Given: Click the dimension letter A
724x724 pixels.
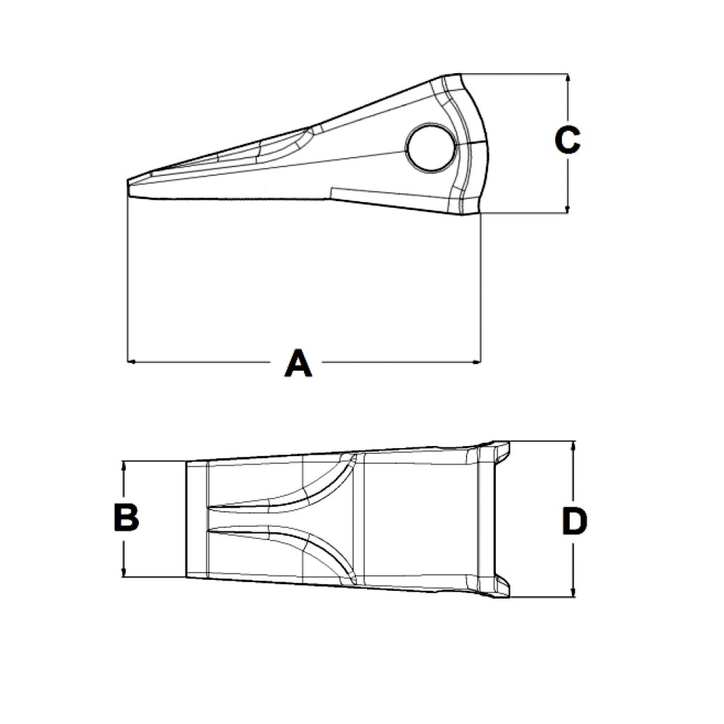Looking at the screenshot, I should tap(298, 363).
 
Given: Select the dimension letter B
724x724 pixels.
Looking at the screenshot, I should tap(126, 518).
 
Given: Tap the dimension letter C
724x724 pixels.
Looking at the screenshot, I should tap(568, 140).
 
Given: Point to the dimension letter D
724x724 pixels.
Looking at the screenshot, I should tap(574, 521).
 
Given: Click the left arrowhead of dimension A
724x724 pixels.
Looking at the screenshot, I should tap(130, 361).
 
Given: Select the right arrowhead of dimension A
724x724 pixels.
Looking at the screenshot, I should tap(477, 361).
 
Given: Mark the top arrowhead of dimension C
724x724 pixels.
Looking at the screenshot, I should tap(568, 77).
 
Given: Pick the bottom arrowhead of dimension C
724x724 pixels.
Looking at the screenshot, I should tap(568, 209).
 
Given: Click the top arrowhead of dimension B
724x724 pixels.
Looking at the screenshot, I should tap(125, 465).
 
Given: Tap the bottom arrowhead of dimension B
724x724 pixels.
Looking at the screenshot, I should tap(125, 573).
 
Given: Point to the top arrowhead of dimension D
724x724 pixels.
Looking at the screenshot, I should tap(574, 445).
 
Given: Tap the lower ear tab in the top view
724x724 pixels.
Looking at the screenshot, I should tap(500, 586).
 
